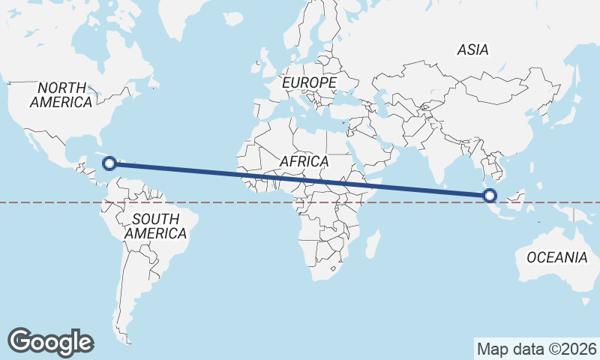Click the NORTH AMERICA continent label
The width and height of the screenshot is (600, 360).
click(x=61, y=94)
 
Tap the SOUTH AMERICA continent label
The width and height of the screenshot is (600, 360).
click(x=155, y=226)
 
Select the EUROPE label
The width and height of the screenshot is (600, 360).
click(x=310, y=82)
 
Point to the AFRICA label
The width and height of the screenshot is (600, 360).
click(x=304, y=161)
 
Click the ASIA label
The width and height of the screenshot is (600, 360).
click(x=473, y=50)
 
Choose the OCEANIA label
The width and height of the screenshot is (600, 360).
click(x=556, y=257)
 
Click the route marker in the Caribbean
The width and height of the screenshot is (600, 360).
click(x=109, y=163)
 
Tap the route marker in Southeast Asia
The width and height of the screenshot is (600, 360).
click(x=490, y=196)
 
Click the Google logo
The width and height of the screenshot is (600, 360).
click(x=50, y=341)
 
